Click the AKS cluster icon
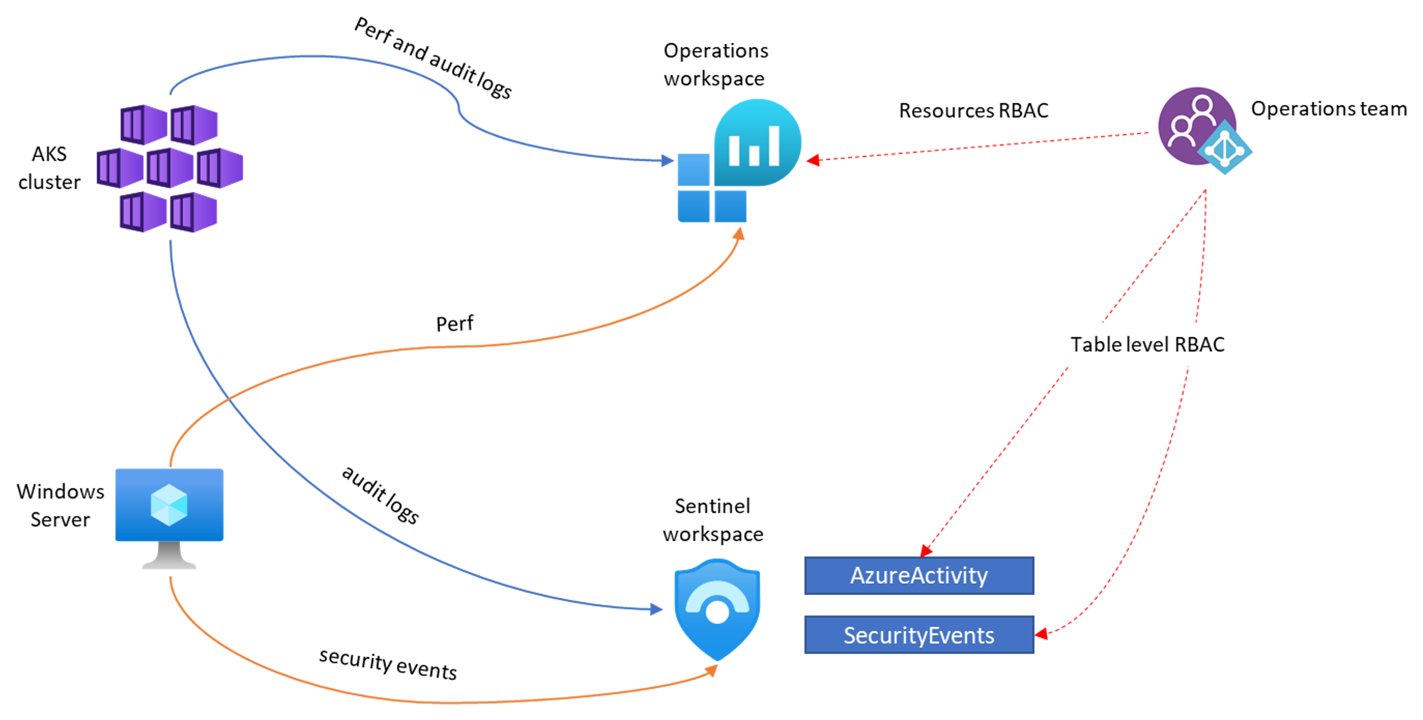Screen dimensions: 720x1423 point(170,168)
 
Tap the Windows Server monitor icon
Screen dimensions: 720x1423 point(169,516)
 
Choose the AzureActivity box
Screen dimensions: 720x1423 point(918,576)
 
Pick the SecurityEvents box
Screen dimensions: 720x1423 point(918,635)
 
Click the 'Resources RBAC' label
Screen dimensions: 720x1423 point(974,110)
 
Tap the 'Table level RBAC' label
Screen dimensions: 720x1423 point(1147,344)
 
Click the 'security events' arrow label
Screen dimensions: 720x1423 point(388,663)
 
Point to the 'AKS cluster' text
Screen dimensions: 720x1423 point(49,168)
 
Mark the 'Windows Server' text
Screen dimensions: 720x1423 point(60,505)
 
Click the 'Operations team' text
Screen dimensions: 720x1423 point(1328,109)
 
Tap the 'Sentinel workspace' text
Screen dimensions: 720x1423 point(713,520)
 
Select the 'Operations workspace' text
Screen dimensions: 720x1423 point(715,65)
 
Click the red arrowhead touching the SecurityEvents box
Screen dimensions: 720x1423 point(1041,634)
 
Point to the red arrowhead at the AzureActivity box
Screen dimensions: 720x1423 point(926,550)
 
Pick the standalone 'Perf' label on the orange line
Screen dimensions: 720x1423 point(454,324)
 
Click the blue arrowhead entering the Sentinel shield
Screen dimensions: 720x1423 point(656,609)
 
